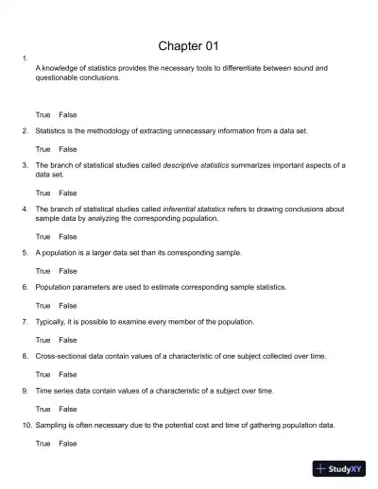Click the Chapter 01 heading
pos(189,46)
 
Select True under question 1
pos(43,114)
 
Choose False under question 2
pos(68,149)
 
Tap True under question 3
pos(43,193)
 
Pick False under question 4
pos(68,236)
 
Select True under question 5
pos(43,271)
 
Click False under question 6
pos(68,306)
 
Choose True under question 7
pos(43,340)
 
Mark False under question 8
pos(68,375)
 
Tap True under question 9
pos(43,410)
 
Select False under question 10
pos(68,444)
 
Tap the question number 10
pos(26,426)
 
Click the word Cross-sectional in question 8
pos(61,357)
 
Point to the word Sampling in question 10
pos(52,426)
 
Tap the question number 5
pos(25,253)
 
